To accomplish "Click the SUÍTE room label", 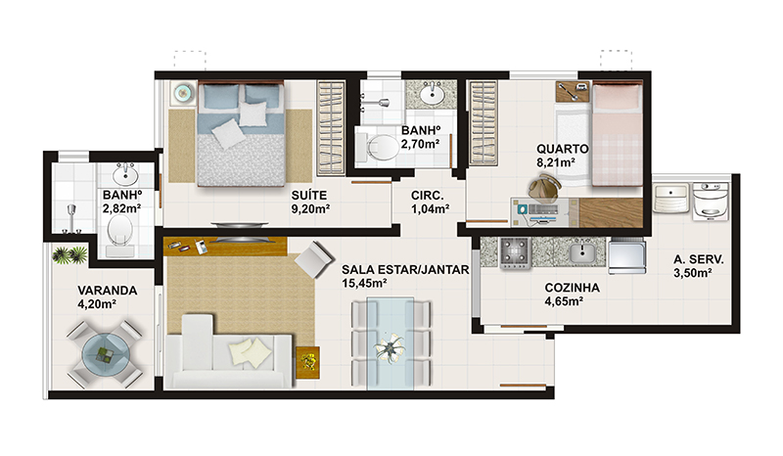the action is pyautogui.click(x=309, y=196).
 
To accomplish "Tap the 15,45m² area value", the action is pyautogui.click(x=364, y=284).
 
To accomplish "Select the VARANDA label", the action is pyautogui.click(x=108, y=291).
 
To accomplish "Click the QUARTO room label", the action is pyautogui.click(x=562, y=149).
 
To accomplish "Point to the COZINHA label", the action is pyautogui.click(x=573, y=288).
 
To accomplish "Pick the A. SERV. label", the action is pyautogui.click(x=698, y=259).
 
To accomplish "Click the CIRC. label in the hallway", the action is pyautogui.click(x=428, y=196).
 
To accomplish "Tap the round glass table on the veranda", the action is pyautogui.click(x=106, y=354).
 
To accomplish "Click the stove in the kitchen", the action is pyautogui.click(x=515, y=252).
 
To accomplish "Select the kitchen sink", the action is pyautogui.click(x=582, y=252).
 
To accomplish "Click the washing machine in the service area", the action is pyautogui.click(x=711, y=202).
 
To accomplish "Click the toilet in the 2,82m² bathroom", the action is pyautogui.click(x=119, y=235).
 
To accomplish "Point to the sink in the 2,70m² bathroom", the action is pyautogui.click(x=431, y=93).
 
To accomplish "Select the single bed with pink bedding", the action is pyautogui.click(x=617, y=134).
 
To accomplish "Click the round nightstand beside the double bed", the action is pyautogui.click(x=183, y=92).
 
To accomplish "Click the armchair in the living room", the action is pyautogui.click(x=314, y=259).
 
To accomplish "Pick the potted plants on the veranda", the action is pyautogui.click(x=69, y=254).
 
